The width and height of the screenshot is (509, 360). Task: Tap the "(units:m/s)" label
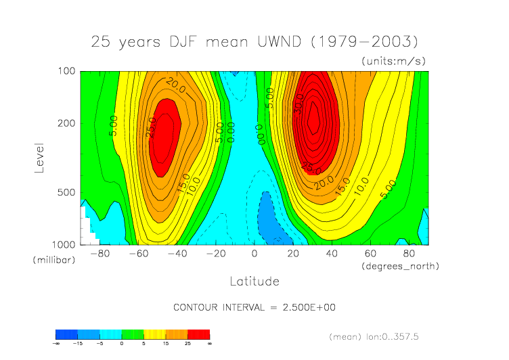393,61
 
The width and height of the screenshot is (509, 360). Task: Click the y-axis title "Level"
39,157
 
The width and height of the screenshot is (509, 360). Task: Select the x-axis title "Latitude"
254,281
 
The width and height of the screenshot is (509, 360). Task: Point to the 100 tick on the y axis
66,71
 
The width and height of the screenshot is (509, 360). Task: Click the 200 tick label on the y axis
66,123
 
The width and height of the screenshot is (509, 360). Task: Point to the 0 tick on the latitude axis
255,254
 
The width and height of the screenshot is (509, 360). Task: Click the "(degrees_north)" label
401,267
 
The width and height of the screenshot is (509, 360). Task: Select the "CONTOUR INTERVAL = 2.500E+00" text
255,308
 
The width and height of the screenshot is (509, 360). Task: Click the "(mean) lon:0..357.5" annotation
384,336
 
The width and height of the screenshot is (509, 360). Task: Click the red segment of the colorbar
198,334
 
